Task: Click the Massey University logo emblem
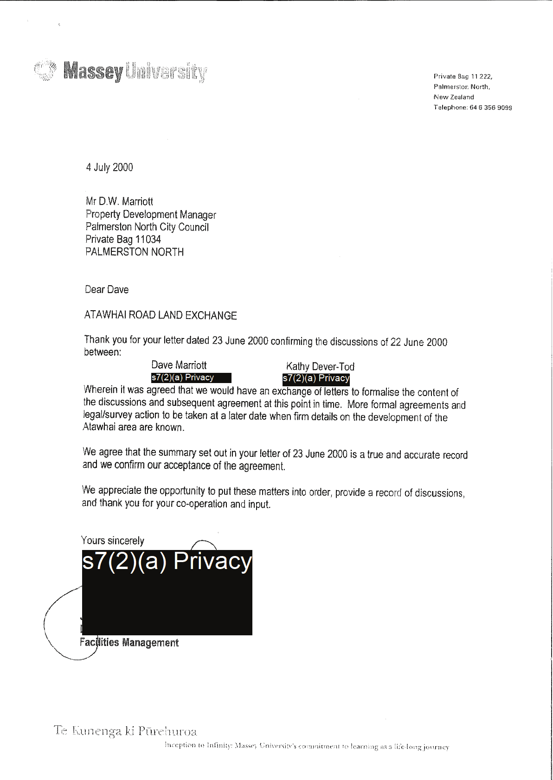click(45, 71)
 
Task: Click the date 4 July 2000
click(109, 167)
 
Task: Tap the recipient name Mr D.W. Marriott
click(119, 201)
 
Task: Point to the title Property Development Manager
click(151, 214)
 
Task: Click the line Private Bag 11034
click(123, 239)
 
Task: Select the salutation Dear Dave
click(107, 289)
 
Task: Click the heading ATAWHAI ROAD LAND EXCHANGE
click(161, 315)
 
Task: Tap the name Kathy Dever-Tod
click(320, 366)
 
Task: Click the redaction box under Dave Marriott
click(191, 377)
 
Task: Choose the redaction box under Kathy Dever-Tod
click(316, 378)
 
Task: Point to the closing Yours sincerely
click(112, 541)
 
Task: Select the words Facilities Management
click(129, 643)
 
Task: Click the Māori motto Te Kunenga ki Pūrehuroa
click(125, 731)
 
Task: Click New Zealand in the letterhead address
click(454, 97)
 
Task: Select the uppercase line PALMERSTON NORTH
click(135, 252)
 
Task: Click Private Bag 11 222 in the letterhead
click(463, 77)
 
